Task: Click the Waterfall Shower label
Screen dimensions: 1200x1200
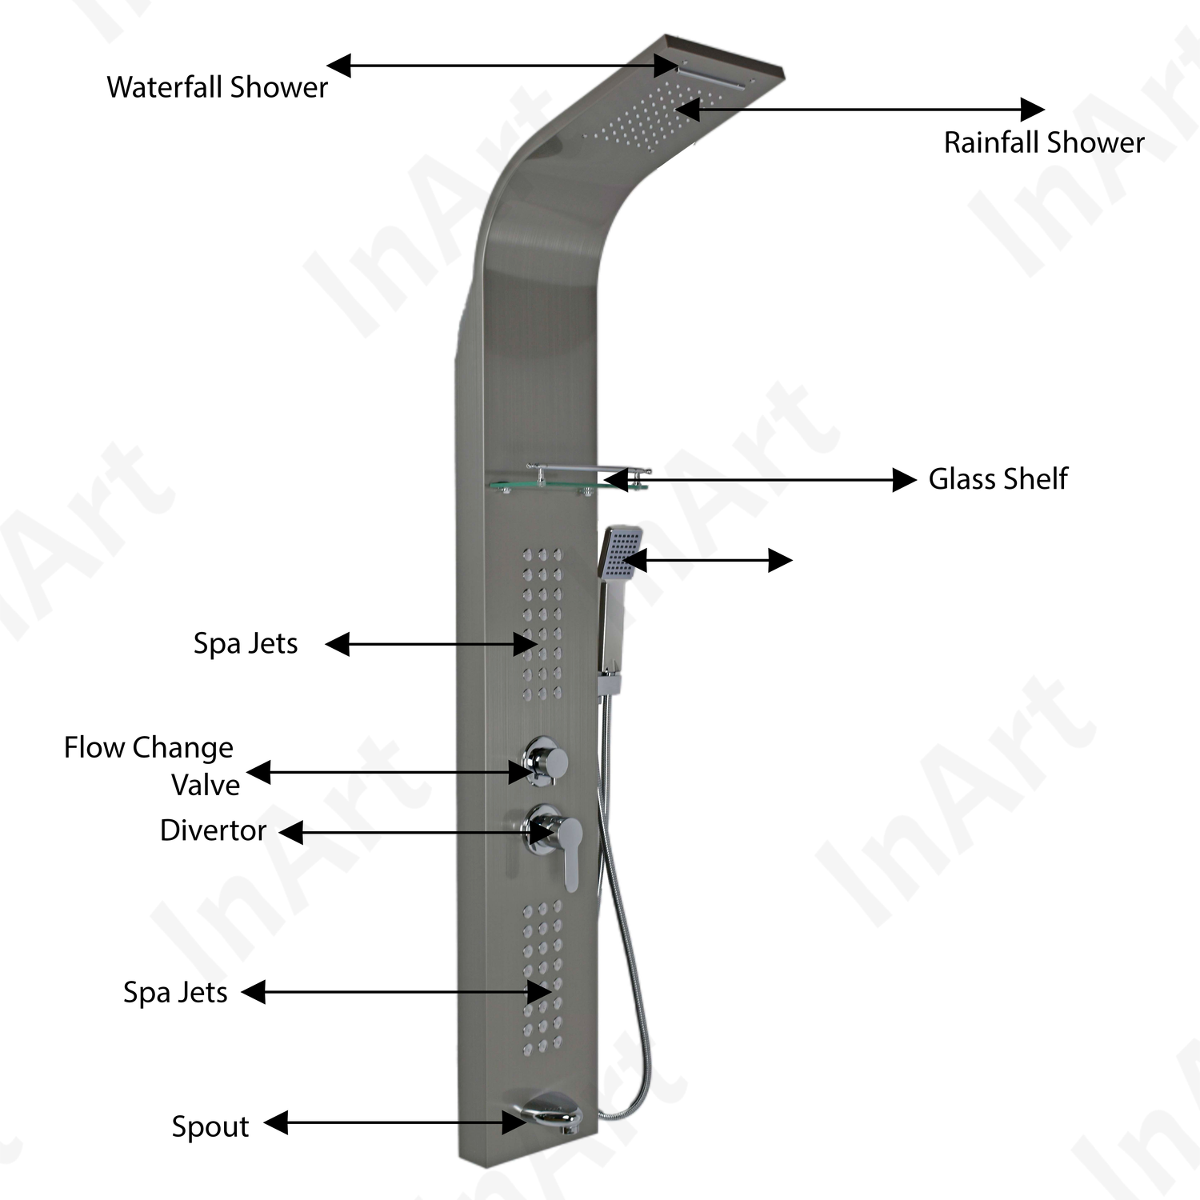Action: [x=217, y=87]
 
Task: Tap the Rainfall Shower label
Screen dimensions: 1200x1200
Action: [x=1043, y=142]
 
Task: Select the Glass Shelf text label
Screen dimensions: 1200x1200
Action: [x=998, y=479]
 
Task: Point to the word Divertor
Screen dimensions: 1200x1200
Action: [x=213, y=830]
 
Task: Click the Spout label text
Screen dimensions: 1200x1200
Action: [x=210, y=1126]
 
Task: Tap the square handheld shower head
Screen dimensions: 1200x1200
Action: [x=620, y=552]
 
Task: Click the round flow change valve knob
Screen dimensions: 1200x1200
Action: [x=546, y=759]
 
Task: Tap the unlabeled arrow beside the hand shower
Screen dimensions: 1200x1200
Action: [x=707, y=560]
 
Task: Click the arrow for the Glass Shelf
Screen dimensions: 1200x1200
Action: [x=760, y=480]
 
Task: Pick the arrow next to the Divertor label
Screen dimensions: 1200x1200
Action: [x=416, y=832]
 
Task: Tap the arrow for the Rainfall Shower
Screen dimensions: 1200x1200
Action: [x=860, y=110]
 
